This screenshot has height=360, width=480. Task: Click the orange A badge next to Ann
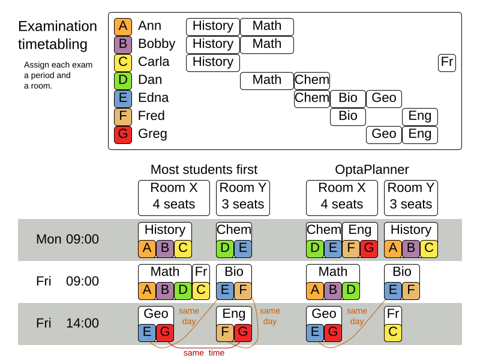coord(122,26)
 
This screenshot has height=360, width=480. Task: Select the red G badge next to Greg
coord(122,134)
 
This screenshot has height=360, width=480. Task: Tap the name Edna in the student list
coord(153,98)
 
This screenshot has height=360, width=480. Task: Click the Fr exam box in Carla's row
coord(446,62)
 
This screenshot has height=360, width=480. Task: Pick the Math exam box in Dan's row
coord(266,80)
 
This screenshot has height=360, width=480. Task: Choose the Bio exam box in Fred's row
coord(347,116)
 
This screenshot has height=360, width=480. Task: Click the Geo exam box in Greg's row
coord(383,134)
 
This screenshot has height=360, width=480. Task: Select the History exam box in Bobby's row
coord(212,44)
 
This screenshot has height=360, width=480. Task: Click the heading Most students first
coord(203,170)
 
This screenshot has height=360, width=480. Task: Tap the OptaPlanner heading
coord(371,170)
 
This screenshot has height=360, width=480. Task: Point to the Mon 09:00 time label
coord(67,239)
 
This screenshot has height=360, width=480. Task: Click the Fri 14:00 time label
coord(67,323)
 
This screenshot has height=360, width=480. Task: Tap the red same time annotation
coord(203,353)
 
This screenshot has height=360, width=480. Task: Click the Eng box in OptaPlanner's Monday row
coord(359,230)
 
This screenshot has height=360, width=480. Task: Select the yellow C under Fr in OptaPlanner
coord(392,332)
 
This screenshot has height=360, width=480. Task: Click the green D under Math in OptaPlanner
coord(350,290)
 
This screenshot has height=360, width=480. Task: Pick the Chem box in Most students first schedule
coord(233,230)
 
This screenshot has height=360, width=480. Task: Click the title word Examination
coord(57,26)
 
